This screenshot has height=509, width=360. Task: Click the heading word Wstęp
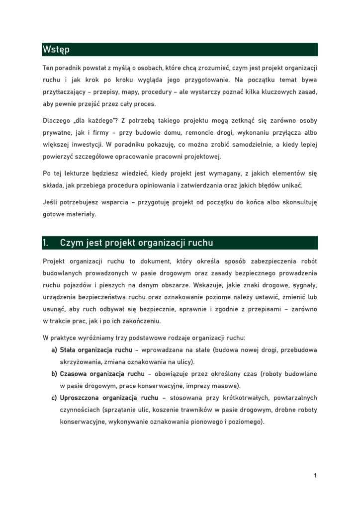[x=56, y=50]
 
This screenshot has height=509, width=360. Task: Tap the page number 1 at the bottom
[x=315, y=476]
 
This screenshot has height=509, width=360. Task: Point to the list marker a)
[x=54, y=350]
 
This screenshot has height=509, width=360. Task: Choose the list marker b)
[x=54, y=374]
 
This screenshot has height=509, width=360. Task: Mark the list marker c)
[x=54, y=398]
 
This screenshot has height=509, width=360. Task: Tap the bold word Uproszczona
[x=80, y=398]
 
